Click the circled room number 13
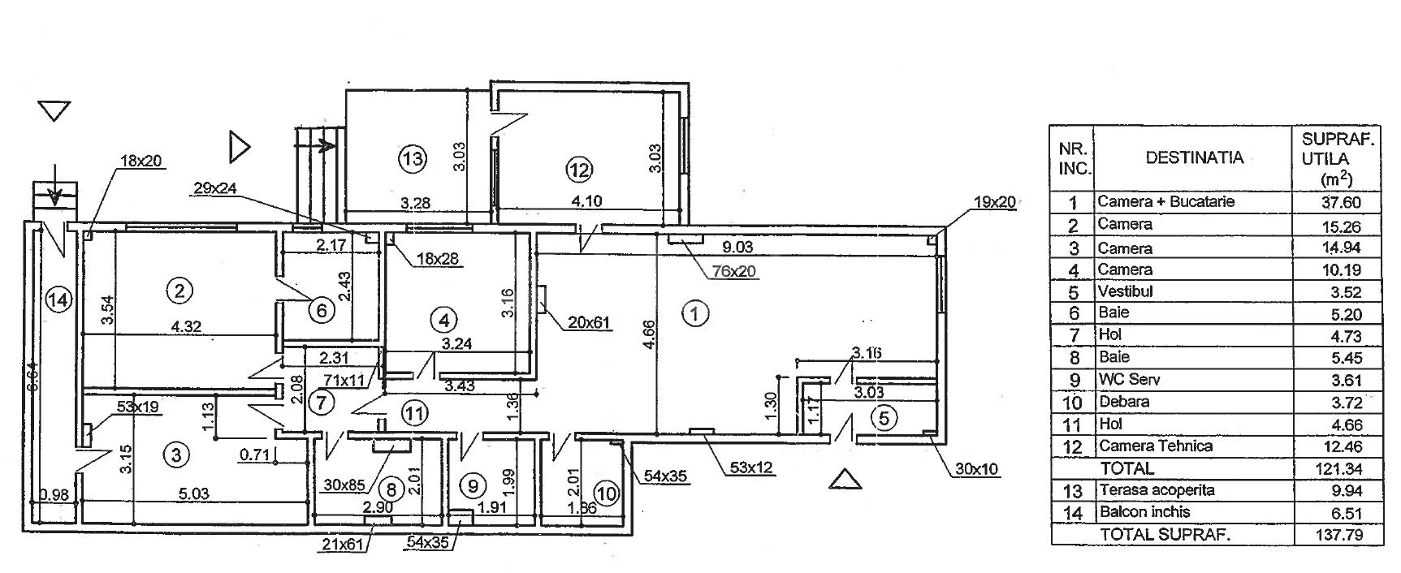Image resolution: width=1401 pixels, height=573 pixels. pos(413,157)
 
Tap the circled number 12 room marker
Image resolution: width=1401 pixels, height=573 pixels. pos(579,170)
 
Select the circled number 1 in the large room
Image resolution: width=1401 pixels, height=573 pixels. pos(695,312)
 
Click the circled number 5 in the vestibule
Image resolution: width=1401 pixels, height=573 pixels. pos(884,418)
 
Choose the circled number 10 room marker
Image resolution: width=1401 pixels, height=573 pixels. pos(605,492)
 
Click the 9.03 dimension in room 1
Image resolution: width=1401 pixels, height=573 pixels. pos(738,247)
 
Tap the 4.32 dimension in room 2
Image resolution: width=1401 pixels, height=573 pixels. pos(186,326)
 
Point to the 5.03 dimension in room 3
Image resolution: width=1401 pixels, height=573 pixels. pos(193,493)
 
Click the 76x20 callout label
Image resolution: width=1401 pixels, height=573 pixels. pos(736,271)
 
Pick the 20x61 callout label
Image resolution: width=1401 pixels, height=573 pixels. pos(589,323)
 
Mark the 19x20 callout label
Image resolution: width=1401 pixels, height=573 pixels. pos(994,202)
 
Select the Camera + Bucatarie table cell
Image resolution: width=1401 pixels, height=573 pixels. pos(1165,201)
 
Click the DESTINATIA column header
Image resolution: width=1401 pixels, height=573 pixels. pos(1194,157)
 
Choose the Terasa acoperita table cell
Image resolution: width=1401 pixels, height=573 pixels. pos(1157,490)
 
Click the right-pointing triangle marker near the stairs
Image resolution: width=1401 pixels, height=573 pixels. pos(240,147)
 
